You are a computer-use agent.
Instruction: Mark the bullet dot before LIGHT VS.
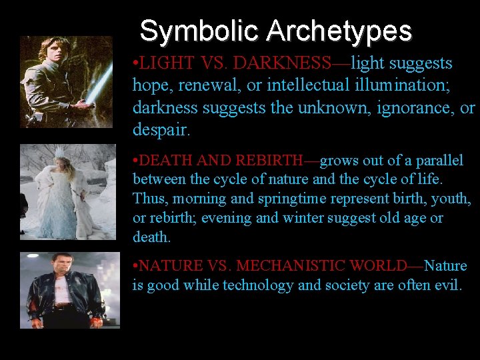(135, 64)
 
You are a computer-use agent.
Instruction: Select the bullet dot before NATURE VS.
(135, 266)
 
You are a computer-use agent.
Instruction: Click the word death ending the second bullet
(151, 237)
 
